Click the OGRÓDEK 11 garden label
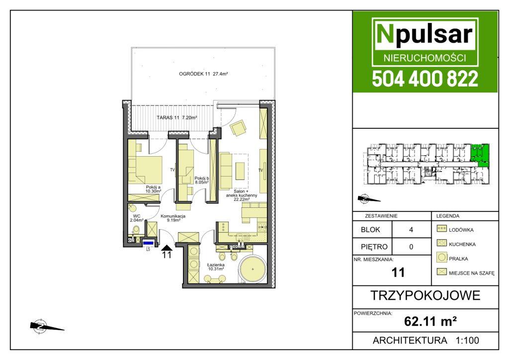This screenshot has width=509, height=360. (x=203, y=74)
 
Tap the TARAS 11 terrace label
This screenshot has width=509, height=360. (x=177, y=117)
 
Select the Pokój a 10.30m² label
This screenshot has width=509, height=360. (x=153, y=189)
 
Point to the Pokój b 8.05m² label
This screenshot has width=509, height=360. (x=202, y=180)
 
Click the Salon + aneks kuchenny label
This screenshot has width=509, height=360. (x=242, y=195)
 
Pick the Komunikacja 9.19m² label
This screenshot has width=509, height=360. (x=173, y=218)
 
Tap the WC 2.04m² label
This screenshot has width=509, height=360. (x=137, y=218)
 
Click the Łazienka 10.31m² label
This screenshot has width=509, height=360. (x=216, y=267)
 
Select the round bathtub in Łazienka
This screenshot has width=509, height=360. (x=253, y=269)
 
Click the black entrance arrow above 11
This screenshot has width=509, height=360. (x=167, y=248)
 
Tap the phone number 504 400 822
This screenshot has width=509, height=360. (x=425, y=79)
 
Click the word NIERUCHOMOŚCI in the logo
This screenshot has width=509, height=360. (x=425, y=58)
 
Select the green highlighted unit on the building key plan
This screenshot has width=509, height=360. (x=480, y=156)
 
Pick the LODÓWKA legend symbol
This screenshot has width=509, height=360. (x=442, y=229)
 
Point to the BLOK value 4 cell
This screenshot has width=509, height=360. (x=411, y=230)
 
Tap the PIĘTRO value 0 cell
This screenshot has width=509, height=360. (x=411, y=247)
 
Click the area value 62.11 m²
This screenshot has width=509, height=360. (x=430, y=322)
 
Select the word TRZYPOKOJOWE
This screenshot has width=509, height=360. (x=425, y=295)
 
